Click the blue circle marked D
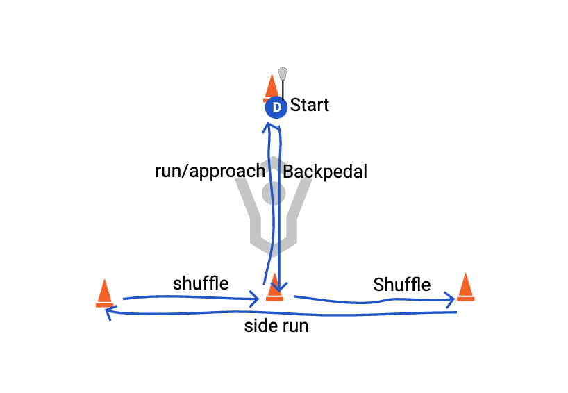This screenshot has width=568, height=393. [x=276, y=108]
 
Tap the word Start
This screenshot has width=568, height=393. [x=310, y=106]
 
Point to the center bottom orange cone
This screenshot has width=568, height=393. [x=274, y=287]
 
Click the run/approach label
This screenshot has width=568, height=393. [x=210, y=171]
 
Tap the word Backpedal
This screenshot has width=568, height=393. [x=324, y=172]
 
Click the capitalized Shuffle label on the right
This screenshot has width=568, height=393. [x=401, y=284]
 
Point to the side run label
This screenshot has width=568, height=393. [x=276, y=326]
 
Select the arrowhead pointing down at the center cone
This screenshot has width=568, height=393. [x=279, y=286]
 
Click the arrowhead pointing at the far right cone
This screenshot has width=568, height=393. [x=451, y=299]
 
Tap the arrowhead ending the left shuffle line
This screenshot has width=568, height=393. [x=257, y=300]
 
